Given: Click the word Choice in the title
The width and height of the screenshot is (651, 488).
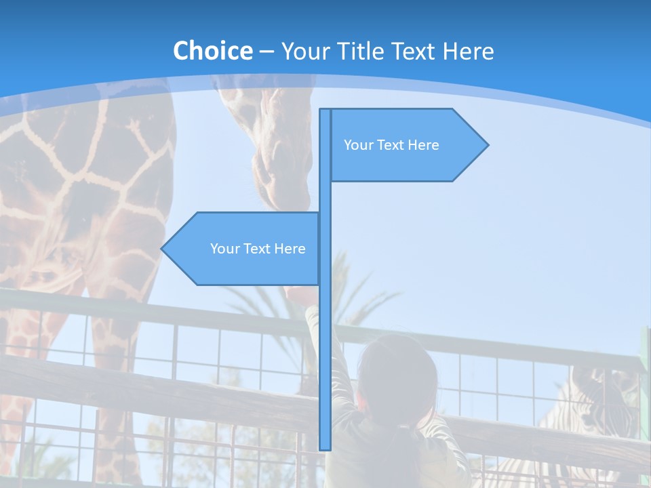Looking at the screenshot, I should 212,51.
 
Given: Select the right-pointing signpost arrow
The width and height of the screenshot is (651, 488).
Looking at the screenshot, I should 407,145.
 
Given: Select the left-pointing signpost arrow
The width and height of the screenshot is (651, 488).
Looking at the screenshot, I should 244,249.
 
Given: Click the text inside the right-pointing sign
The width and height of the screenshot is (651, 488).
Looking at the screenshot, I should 391,145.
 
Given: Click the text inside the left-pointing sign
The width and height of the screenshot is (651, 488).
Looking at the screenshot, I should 258,249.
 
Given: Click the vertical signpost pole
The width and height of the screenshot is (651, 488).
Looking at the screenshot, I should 325,339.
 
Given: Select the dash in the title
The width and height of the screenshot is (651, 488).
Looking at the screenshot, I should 267,52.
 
